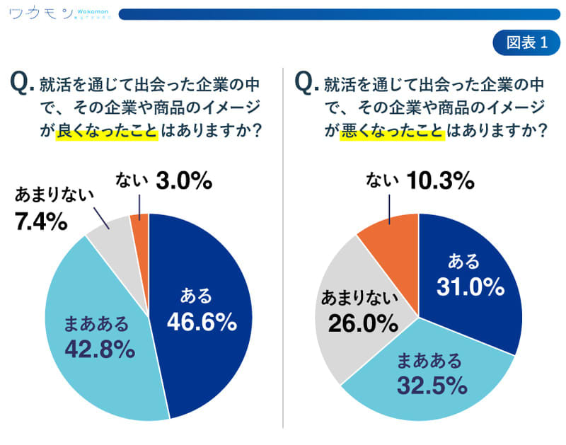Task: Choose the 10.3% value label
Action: click(x=439, y=181)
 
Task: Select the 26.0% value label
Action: click(x=361, y=325)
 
